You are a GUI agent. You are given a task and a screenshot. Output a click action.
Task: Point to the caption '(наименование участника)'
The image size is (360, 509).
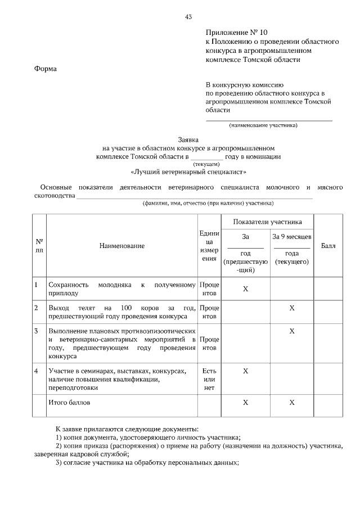tap(263, 125)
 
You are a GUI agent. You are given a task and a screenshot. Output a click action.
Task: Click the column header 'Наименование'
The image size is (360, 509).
tap(122, 246)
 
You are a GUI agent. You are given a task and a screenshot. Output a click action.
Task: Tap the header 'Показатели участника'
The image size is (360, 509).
tap(268, 222)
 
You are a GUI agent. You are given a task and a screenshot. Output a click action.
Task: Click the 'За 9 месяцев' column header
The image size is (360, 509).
tap(291, 237)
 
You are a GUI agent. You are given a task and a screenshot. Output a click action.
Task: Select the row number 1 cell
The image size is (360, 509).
tap(36, 285)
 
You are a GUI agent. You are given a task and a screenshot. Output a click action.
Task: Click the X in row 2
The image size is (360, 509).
tap(291, 308)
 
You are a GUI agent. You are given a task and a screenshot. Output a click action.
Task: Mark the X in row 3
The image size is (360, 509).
tap(291, 331)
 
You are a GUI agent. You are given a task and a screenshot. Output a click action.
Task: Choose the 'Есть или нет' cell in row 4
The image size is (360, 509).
tap(209, 380)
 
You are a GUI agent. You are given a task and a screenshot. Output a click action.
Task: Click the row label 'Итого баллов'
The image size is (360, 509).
tap(69, 403)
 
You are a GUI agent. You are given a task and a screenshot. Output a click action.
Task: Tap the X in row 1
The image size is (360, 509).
tap(245, 289)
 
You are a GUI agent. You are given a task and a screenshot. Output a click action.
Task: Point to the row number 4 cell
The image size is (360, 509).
tap(36, 371)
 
